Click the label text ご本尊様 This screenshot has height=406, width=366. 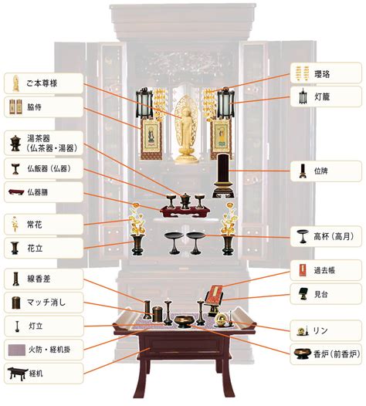42,83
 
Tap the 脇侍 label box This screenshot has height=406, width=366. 43,107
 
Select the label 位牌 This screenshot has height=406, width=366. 321,171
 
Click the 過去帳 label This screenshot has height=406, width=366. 324,270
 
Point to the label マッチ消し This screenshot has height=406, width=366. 46,302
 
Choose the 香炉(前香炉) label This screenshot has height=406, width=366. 337,354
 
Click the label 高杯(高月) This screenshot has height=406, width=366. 334,236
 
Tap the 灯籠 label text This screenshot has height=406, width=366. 322,97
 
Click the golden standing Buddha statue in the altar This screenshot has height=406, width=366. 186,130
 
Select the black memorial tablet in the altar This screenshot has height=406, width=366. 224,175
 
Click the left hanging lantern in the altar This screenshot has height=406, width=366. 144,103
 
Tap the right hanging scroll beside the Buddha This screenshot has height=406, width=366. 220,139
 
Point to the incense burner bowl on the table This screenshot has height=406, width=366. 184,321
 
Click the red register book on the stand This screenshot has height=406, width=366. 215,293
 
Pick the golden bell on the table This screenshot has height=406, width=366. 221,319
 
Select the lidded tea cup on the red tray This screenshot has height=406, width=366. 185,201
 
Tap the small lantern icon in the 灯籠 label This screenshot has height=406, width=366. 303,96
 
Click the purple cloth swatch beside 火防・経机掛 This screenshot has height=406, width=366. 16,350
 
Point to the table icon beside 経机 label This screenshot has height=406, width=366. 18,374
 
